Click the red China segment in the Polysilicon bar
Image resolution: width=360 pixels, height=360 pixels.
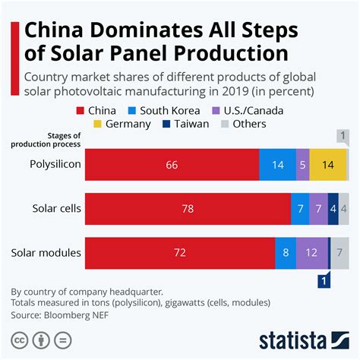pyautogui.click(x=172, y=164)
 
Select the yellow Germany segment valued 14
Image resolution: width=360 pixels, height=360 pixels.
pyautogui.click(x=328, y=164)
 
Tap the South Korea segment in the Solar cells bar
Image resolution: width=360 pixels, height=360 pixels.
pyautogui.click(x=300, y=208)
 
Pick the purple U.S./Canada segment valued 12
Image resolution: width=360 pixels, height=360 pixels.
pyautogui.click(x=311, y=252)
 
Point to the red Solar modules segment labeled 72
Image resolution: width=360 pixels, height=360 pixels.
pyautogui.click(x=180, y=252)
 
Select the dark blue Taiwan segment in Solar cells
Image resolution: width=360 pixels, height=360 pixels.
pyautogui.click(x=333, y=208)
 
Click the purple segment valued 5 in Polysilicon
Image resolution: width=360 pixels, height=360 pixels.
pyautogui.click(x=303, y=164)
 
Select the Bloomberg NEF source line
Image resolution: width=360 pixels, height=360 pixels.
pyautogui.click(x=64, y=314)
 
